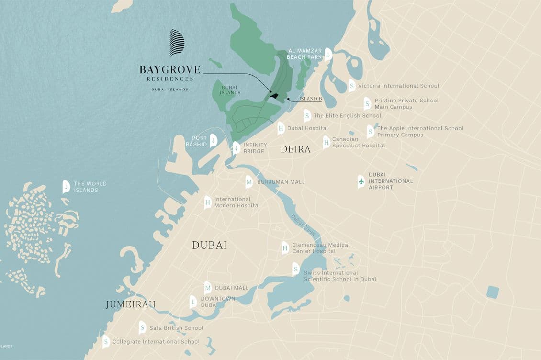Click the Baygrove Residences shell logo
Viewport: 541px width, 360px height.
tap(177, 43)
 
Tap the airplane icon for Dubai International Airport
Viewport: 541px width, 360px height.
tap(361, 181)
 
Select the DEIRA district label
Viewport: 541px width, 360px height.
tap(295, 149)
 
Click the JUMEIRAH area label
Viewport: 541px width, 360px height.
tap(131, 304)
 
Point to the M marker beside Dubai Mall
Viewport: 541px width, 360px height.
tap(208, 288)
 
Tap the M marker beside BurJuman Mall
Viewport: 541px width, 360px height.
tap(249, 182)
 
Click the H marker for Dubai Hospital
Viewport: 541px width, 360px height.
tap(281, 128)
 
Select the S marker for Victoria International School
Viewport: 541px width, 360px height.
tap(352, 86)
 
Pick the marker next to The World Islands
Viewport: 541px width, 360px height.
tap(66, 187)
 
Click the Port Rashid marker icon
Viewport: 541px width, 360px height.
tap(214, 140)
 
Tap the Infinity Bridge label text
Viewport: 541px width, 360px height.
tap(254, 148)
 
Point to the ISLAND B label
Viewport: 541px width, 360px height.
tap(310, 99)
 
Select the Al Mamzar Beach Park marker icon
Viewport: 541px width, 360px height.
tap(328, 54)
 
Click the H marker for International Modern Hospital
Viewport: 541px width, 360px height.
tap(208, 202)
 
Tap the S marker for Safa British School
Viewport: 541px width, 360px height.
tap(142, 328)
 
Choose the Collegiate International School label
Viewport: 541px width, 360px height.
tap(156, 342)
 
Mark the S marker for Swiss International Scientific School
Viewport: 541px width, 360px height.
tap(296, 269)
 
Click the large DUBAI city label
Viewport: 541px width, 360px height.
tap(209, 245)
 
